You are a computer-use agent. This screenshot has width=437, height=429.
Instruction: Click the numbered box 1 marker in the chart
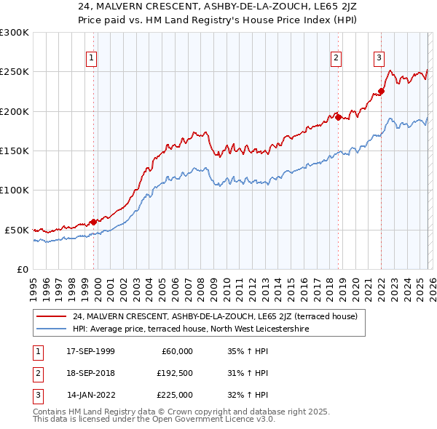[92, 59]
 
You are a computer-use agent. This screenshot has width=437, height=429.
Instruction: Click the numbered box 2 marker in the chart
[336, 59]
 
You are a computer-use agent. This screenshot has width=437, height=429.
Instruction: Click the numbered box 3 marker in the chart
[379, 59]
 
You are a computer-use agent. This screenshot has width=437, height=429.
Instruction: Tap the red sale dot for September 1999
[94, 222]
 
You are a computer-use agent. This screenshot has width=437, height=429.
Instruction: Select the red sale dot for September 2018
[338, 116]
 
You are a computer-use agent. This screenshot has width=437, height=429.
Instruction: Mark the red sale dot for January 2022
[381, 92]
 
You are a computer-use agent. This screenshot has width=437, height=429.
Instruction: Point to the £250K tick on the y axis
[15, 72]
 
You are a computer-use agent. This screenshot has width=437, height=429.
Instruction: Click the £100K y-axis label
[15, 190]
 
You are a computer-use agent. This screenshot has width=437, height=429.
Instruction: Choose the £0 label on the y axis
[22, 269]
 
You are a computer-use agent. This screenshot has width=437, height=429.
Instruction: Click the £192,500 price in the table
[174, 373]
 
